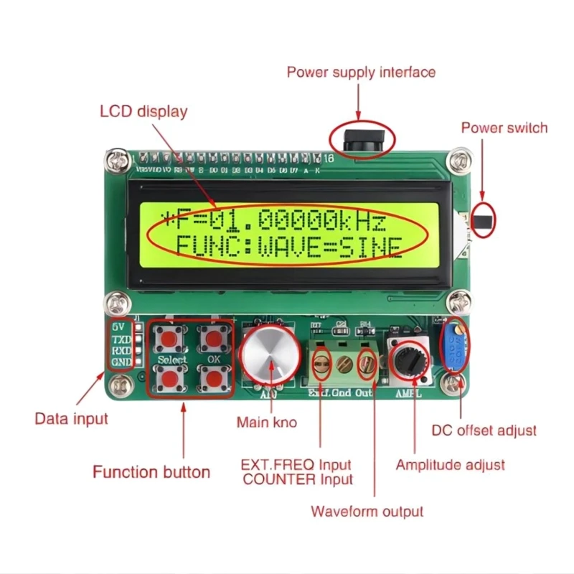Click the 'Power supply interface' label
[361, 72]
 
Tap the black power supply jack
[362, 138]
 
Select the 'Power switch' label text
[504, 128]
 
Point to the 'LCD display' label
[143, 111]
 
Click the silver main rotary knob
[270, 354]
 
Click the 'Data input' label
[72, 418]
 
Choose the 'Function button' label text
[151, 471]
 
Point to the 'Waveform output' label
[367, 512]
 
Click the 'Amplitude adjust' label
[450, 465]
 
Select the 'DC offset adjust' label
[484, 430]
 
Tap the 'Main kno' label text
[267, 423]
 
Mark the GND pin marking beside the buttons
[121, 362]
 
